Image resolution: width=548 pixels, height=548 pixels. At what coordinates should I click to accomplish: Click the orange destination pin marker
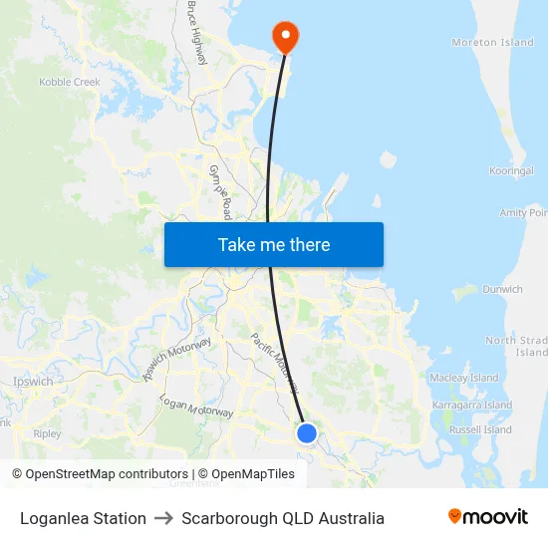286,37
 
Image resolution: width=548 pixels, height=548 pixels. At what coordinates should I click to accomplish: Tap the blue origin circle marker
307,433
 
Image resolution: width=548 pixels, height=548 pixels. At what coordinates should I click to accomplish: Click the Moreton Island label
492,43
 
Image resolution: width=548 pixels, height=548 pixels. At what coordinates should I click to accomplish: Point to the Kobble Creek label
70,82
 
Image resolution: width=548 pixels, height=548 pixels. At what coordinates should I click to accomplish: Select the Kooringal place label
511,171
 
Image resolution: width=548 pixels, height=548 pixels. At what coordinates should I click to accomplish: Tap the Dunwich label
502,290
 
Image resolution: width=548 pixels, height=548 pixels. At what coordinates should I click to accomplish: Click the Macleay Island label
463,379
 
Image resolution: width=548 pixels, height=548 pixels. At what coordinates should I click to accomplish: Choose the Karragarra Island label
472,406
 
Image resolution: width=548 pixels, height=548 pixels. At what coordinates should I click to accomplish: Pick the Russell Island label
480,430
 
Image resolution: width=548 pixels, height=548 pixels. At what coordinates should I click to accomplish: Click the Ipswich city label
34,382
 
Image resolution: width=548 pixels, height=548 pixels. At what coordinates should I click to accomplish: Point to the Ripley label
47,434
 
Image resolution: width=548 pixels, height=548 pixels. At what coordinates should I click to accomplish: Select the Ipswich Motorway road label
177,360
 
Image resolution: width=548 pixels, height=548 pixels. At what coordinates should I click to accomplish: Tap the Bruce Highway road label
196,32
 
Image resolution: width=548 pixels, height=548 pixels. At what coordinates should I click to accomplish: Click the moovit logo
488,517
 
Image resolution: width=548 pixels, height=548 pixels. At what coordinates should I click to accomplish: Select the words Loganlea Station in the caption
83,518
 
